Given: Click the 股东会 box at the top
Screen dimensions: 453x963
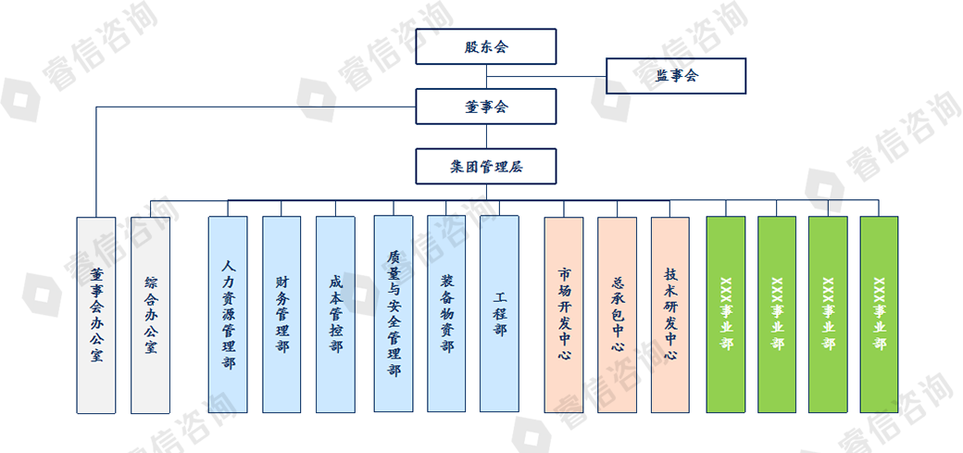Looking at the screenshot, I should (x=486, y=46).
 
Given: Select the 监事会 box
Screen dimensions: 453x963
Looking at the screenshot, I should (x=676, y=76).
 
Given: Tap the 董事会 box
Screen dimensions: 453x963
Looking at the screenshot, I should (x=486, y=107).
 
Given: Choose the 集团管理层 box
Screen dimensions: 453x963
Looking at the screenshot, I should (x=486, y=167).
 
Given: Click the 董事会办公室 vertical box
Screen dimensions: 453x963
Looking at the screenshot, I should (x=96, y=315).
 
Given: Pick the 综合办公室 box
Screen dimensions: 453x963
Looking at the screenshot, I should (x=150, y=315).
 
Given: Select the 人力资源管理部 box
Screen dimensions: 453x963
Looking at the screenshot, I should (x=228, y=315).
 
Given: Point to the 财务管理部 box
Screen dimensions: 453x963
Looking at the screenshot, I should (x=281, y=315).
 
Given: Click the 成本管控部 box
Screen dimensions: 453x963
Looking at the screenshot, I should (x=335, y=315).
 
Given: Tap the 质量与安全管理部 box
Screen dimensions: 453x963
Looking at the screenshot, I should (x=394, y=315).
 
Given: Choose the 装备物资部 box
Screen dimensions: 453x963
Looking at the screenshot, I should (x=446, y=315).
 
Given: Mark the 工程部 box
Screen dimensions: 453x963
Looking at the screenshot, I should (x=500, y=315).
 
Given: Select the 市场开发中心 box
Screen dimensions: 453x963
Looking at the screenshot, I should (x=564, y=315).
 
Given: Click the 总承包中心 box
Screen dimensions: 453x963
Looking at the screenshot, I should (x=618, y=315).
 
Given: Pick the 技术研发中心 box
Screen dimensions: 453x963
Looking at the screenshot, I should (x=670, y=315).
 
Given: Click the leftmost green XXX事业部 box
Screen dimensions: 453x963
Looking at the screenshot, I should (x=726, y=315).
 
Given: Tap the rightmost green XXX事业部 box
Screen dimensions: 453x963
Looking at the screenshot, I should (x=879, y=315).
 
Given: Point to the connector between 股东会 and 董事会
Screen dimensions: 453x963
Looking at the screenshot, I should (x=486, y=77).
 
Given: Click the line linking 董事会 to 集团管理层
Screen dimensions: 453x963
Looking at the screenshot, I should (x=486, y=136).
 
